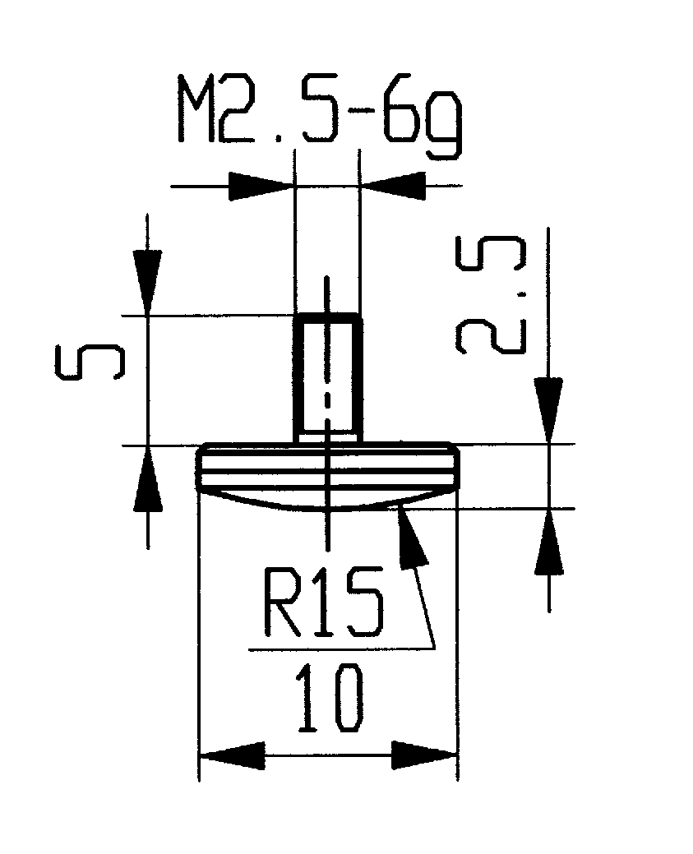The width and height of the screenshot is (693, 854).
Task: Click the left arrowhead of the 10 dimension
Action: point(232,754)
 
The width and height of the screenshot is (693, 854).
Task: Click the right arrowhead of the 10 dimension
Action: point(424,754)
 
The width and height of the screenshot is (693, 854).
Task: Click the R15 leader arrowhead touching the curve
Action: point(411,538)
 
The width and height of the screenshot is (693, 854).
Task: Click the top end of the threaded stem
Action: point(328,316)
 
